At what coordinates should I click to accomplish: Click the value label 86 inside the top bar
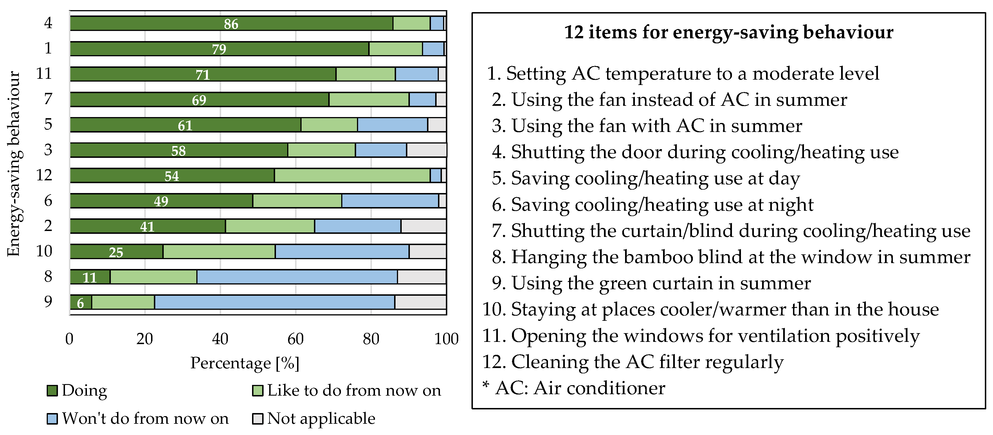pos(231,24)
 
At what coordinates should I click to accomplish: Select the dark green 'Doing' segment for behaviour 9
pos(80,302)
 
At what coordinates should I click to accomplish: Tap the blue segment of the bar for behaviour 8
pos(297,277)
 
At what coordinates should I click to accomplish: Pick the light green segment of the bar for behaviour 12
pos(352,176)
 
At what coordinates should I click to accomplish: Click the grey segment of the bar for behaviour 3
pos(426,150)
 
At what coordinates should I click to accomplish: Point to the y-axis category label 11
pos(44,73)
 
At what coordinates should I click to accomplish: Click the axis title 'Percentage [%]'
pos(245,363)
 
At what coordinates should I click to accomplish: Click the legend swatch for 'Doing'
pos(52,391)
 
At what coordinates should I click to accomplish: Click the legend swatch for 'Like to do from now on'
pos(257,391)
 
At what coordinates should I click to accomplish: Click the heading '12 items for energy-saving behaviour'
pos(728,32)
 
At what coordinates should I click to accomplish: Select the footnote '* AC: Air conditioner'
pos(574,388)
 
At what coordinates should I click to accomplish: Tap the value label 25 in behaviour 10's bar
pos(116,252)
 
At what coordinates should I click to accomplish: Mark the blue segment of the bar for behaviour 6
pos(390,201)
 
